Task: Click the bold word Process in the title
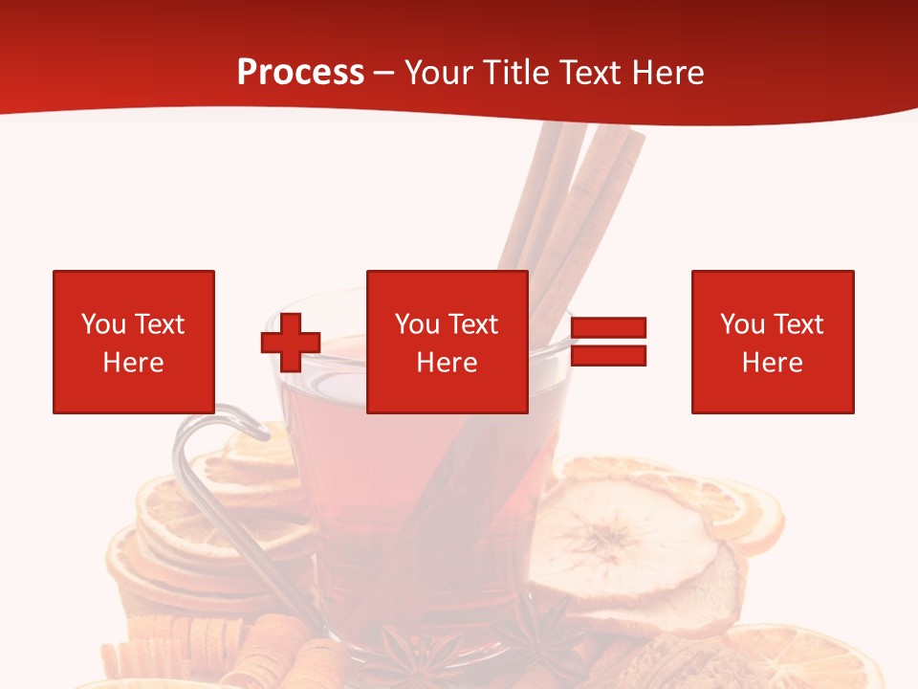pos(300,73)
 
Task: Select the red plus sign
pos(291,342)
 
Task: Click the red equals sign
pos(608,342)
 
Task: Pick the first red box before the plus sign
pos(133,342)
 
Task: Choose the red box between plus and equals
pos(447,342)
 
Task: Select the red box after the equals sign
pos(772,342)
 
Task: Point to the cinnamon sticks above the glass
pos(574,191)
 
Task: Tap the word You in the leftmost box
pos(102,323)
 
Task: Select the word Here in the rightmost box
pos(772,362)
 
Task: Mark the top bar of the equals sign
pos(608,328)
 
